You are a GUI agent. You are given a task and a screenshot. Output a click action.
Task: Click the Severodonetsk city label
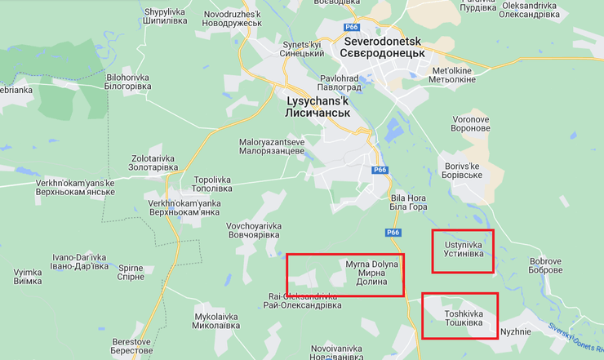(x=386, y=47)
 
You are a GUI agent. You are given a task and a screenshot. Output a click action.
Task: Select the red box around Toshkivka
(x=459, y=316)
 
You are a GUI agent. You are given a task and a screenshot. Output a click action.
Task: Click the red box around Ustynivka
(x=463, y=251)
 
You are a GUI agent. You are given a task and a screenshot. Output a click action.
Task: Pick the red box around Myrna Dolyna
(x=344, y=274)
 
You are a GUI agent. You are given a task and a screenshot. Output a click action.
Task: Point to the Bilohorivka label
(x=128, y=82)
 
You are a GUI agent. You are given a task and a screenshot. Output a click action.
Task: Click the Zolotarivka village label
(x=153, y=162)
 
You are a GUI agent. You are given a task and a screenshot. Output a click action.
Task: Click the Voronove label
(x=471, y=124)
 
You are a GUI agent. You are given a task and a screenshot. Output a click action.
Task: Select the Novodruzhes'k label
(x=232, y=18)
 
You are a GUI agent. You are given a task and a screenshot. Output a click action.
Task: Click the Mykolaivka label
(x=216, y=320)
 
